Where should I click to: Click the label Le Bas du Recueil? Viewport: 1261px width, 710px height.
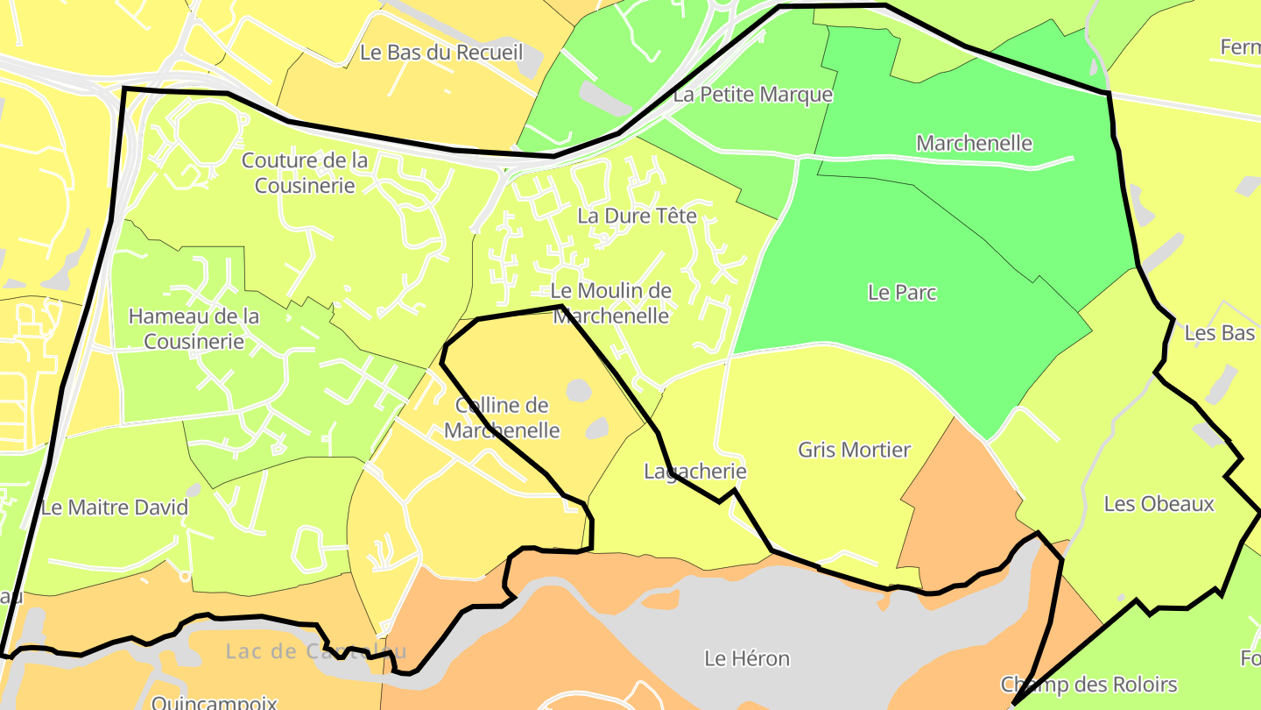click(x=441, y=53)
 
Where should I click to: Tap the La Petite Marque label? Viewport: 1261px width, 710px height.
click(x=752, y=95)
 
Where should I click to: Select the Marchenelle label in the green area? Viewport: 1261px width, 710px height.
click(x=974, y=143)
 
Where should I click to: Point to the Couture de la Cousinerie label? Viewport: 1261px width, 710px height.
click(x=305, y=173)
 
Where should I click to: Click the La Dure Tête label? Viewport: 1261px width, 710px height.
click(x=637, y=216)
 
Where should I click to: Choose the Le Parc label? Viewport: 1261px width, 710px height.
click(x=902, y=293)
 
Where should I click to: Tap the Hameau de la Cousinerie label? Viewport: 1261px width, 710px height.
click(x=194, y=329)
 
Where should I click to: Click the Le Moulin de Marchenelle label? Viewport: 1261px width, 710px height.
click(x=611, y=303)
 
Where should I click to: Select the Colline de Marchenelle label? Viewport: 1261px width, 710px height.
click(x=502, y=417)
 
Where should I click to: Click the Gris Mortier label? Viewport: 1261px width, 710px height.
click(x=854, y=451)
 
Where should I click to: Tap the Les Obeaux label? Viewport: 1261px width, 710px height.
click(x=1159, y=504)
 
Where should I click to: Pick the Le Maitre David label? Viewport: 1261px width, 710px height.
click(x=115, y=508)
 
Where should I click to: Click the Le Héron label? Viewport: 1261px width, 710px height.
click(x=747, y=658)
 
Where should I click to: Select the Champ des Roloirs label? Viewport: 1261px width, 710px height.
click(x=1088, y=685)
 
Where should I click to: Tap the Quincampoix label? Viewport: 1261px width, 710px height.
click(x=214, y=702)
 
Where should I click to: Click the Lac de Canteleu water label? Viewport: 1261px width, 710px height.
click(x=315, y=651)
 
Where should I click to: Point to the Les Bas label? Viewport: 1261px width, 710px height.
click(x=1219, y=333)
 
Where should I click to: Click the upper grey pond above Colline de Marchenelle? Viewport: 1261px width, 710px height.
click(x=578, y=389)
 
